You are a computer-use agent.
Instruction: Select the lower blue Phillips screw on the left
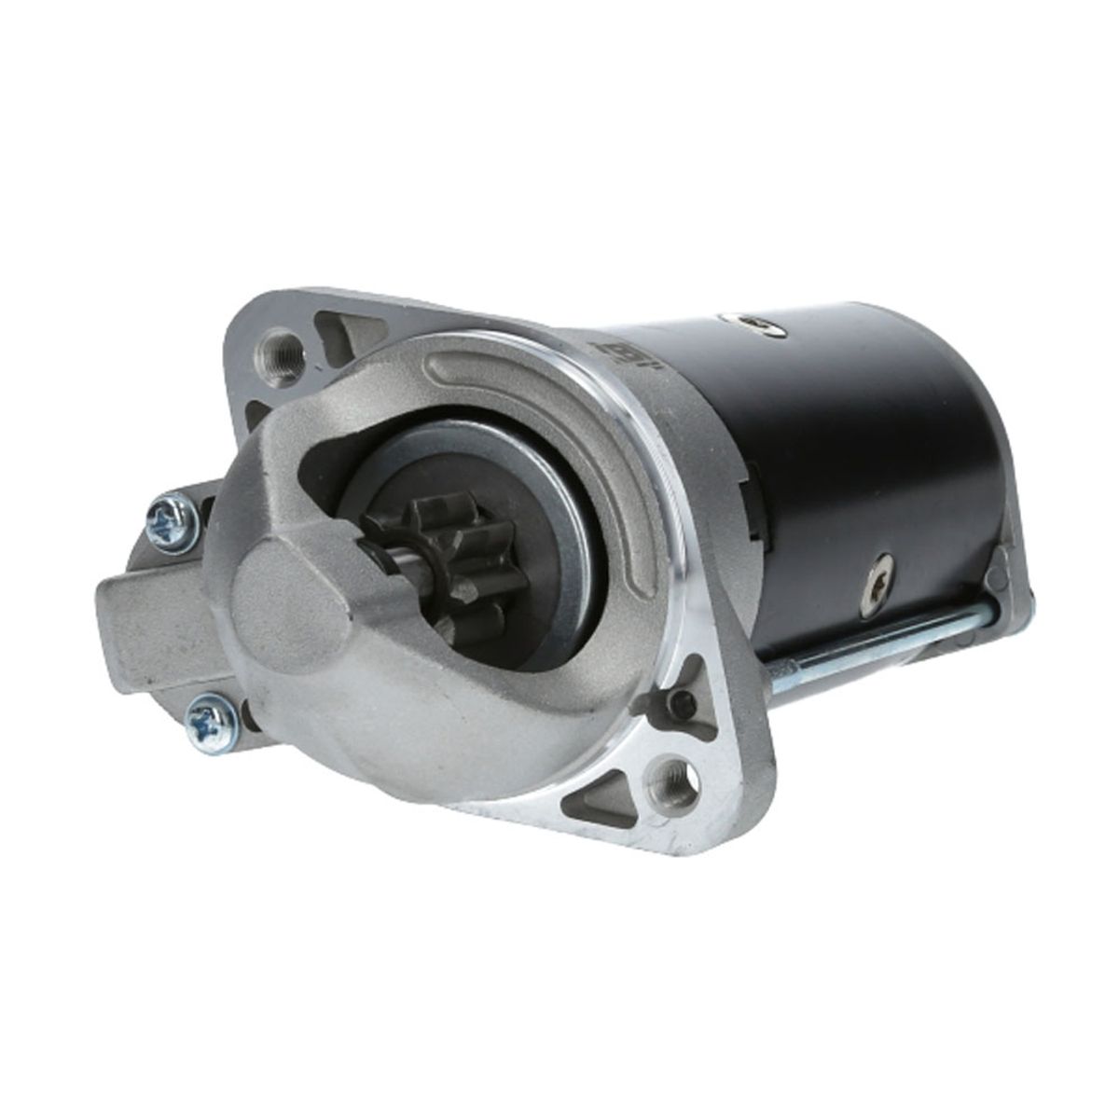[x=204, y=719]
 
